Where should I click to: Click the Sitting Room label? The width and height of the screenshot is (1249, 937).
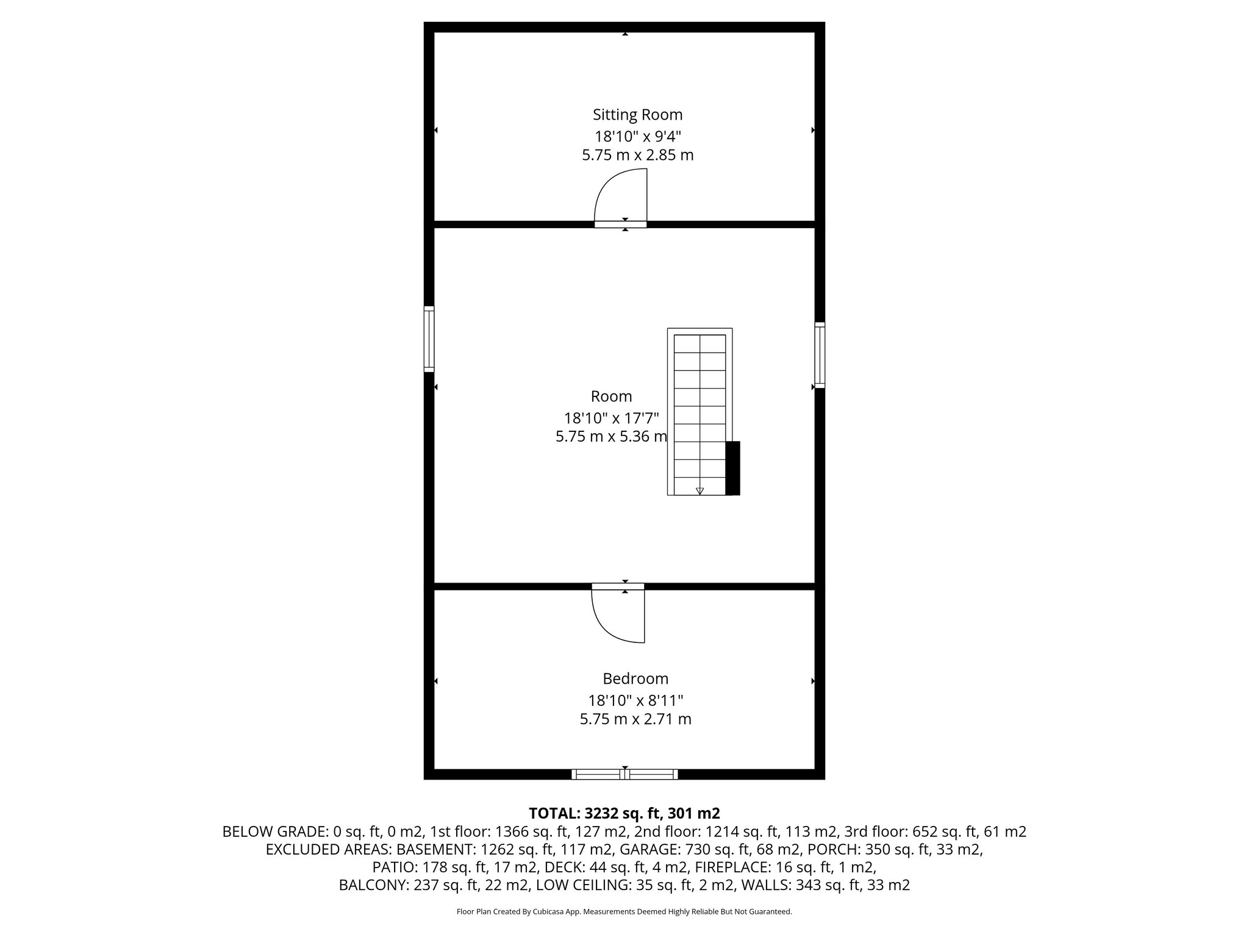pos(637,115)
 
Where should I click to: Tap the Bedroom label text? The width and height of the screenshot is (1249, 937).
pos(635,678)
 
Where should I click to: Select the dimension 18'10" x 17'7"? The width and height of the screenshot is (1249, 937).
pos(611,418)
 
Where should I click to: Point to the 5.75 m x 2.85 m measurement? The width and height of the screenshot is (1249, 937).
pos(637,155)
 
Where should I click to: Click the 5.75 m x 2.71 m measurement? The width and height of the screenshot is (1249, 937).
pos(635,719)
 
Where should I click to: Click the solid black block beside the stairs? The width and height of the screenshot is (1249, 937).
pos(732,468)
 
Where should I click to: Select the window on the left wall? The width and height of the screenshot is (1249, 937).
pos(429,339)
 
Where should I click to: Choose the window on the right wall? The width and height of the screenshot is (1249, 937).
pos(820,355)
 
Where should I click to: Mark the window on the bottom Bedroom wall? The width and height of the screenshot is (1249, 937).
pos(624,774)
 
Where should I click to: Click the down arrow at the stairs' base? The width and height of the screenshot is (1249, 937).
pos(700,490)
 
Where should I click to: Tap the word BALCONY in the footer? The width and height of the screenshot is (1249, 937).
pos(373,885)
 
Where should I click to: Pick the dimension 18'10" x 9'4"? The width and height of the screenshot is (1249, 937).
pos(637,135)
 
